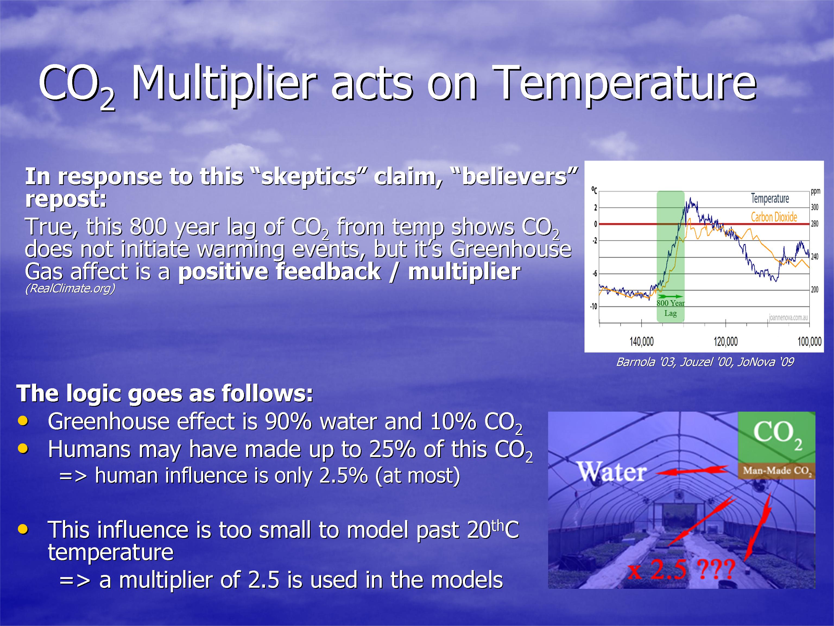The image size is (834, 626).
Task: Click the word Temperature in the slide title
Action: [624, 84]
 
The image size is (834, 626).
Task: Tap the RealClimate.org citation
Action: [70, 288]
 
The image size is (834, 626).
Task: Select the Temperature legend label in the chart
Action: [770, 198]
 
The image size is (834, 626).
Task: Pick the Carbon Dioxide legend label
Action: [774, 217]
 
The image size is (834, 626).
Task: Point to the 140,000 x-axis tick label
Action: [641, 342]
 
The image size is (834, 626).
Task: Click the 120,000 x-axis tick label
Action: [726, 342]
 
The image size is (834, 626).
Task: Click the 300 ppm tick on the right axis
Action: [815, 207]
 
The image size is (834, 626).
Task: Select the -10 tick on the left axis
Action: [594, 306]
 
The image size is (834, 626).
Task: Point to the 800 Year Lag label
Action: [670, 308]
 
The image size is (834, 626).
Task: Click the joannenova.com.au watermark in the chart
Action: [788, 318]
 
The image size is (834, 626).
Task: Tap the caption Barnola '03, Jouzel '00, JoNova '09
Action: [705, 362]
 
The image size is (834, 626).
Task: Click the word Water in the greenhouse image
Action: [612, 472]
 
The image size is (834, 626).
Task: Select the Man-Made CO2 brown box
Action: [777, 471]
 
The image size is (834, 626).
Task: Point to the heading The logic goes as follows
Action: [165, 394]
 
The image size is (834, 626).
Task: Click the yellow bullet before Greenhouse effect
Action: [23, 421]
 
